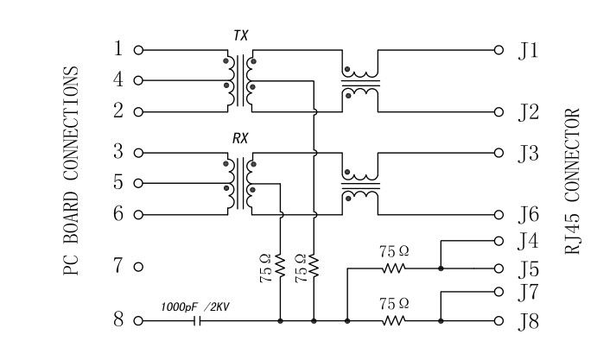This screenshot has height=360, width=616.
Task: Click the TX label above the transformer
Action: pos(240,35)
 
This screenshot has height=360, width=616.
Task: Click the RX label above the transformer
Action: pos(240,137)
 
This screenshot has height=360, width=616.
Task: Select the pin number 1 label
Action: pos(118,49)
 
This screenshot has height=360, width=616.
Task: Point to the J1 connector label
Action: pos(528,51)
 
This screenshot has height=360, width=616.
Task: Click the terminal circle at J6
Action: pos(498,214)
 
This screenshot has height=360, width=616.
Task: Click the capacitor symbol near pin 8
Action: pos(198,321)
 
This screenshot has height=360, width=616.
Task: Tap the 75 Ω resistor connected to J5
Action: pos(394,268)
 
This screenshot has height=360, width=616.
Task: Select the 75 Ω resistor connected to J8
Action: pos(394,321)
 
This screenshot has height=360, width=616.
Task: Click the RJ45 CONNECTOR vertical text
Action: pos(573,181)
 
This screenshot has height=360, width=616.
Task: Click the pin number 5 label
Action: pos(118,183)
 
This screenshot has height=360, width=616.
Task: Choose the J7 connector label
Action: pos(529,293)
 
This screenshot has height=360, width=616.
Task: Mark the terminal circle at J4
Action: pos(498,240)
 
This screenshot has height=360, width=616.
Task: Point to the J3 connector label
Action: pos(529,154)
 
